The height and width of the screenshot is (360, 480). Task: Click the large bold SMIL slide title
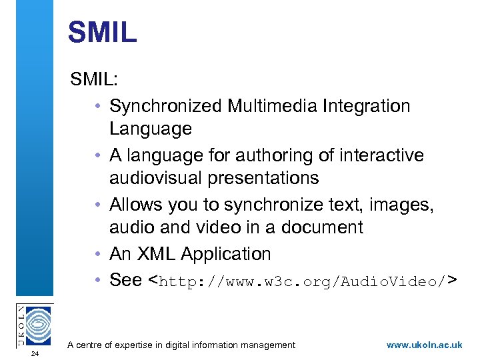102,33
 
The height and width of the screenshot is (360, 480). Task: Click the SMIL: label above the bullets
95,80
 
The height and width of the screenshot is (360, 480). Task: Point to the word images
406,205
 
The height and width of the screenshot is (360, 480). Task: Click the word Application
226,254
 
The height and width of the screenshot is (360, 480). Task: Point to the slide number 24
35,353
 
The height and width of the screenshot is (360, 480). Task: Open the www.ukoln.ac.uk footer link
424,345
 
